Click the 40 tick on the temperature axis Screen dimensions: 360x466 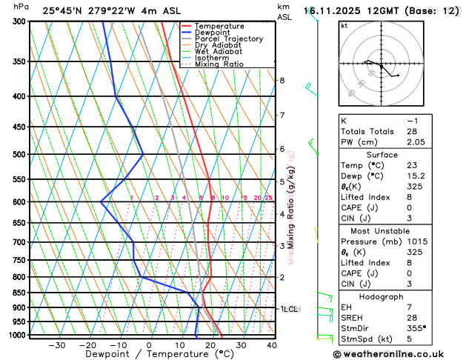click(x=272, y=344)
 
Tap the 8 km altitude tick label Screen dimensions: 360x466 click(x=282, y=80)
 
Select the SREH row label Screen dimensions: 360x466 click(x=354, y=317)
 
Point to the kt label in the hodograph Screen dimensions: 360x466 click(x=344, y=25)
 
